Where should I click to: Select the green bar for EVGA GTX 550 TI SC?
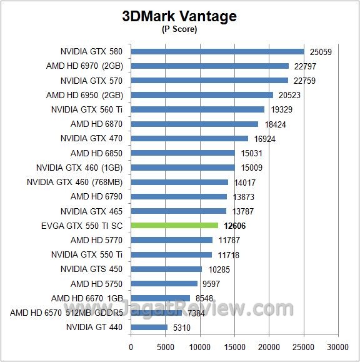click(x=174, y=225)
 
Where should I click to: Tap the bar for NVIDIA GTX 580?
click(x=217, y=51)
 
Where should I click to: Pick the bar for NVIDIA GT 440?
click(x=149, y=327)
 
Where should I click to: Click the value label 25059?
click(x=320, y=52)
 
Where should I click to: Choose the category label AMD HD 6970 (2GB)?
click(x=84, y=66)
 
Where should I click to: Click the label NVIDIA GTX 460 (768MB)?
click(x=75, y=182)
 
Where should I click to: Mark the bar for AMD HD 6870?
click(x=194, y=124)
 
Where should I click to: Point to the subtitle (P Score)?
click(x=180, y=29)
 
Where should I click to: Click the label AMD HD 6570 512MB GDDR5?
click(x=66, y=313)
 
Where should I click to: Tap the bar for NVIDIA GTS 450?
click(x=167, y=269)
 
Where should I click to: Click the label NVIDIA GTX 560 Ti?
click(x=87, y=109)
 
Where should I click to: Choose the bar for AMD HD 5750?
click(x=164, y=283)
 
